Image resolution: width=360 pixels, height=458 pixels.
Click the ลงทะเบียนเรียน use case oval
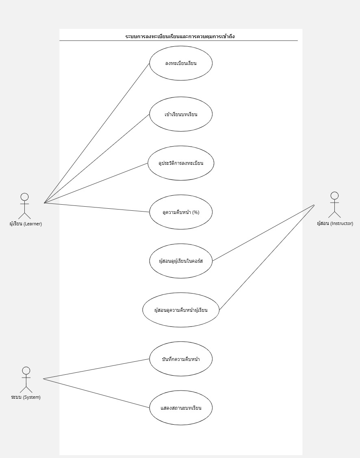point(181,63)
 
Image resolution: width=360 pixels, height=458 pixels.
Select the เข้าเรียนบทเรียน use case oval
point(181,114)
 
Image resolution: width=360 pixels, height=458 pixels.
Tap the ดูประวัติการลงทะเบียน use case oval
point(181,163)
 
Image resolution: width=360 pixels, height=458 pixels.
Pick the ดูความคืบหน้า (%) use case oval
point(181,212)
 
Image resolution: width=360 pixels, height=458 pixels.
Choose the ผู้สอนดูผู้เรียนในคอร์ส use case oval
point(181,261)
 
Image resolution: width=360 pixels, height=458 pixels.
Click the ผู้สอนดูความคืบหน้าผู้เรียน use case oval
point(181,310)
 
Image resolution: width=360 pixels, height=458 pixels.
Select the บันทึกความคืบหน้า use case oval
point(181,359)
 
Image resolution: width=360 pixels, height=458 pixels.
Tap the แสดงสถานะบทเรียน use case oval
point(181,408)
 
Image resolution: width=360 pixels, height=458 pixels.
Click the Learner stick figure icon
point(25,205)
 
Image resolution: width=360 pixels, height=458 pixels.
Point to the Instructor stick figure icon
point(334,205)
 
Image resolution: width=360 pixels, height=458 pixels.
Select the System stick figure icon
point(26,379)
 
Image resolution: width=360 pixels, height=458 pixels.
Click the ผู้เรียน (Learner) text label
point(26,224)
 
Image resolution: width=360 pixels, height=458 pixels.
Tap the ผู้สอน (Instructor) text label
point(335,223)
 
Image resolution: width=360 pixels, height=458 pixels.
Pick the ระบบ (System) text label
point(26,397)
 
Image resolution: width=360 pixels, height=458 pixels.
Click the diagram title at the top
point(180,37)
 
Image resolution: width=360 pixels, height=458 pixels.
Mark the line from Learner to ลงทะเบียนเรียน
point(97,133)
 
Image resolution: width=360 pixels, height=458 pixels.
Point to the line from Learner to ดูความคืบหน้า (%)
point(97,207)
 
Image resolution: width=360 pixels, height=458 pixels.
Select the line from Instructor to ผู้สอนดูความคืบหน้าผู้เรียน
point(267,257)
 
